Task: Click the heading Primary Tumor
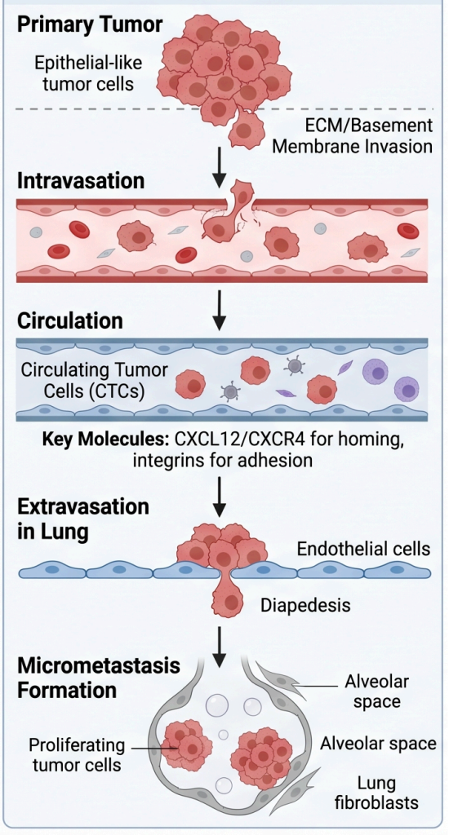90,25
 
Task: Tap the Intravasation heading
81,181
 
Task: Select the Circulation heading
70,321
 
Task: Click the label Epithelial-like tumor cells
88,73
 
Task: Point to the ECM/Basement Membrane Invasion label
353,135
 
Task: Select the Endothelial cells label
363,549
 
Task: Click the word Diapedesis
305,605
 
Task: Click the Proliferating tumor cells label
77,754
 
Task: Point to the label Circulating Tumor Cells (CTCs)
95,380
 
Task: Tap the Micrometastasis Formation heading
99,678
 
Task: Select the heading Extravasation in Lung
82,519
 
